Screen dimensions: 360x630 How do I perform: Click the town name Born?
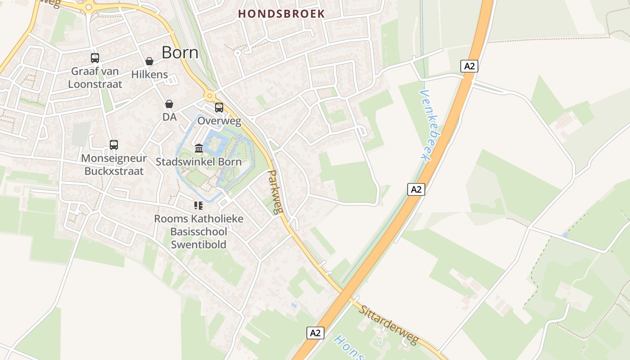(x=180, y=53)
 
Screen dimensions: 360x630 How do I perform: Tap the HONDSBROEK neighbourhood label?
(x=281, y=14)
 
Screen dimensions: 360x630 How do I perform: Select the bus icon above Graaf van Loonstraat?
(x=95, y=58)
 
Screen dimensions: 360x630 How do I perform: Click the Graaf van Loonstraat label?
(x=95, y=77)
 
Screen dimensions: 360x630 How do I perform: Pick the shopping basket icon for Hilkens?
(x=149, y=61)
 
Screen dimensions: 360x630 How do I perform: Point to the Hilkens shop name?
(x=149, y=75)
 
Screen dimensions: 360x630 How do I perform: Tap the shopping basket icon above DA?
(x=169, y=104)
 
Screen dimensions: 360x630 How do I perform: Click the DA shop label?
(x=170, y=117)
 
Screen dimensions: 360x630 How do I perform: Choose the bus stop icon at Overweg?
(x=219, y=108)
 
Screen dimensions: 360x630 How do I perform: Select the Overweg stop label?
(x=219, y=121)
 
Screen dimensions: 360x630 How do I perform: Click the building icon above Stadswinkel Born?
(x=199, y=148)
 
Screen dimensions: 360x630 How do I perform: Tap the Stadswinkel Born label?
(x=198, y=162)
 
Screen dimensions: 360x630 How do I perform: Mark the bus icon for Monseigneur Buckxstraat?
(x=114, y=145)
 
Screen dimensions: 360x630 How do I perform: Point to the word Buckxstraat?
(x=114, y=171)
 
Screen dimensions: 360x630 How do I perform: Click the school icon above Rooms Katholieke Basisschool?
(x=198, y=206)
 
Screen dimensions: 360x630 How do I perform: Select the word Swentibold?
(x=198, y=245)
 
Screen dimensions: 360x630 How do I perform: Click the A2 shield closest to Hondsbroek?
(x=469, y=66)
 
